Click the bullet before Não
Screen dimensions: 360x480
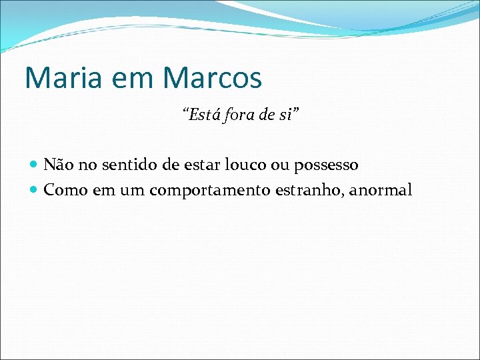(35, 164)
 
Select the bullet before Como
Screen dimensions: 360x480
(35, 191)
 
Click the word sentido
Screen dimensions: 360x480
(125, 164)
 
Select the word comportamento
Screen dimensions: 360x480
(209, 191)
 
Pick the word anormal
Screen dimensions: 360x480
(380, 191)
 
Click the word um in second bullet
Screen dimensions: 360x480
(132, 191)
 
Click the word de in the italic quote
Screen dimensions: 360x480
(267, 116)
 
